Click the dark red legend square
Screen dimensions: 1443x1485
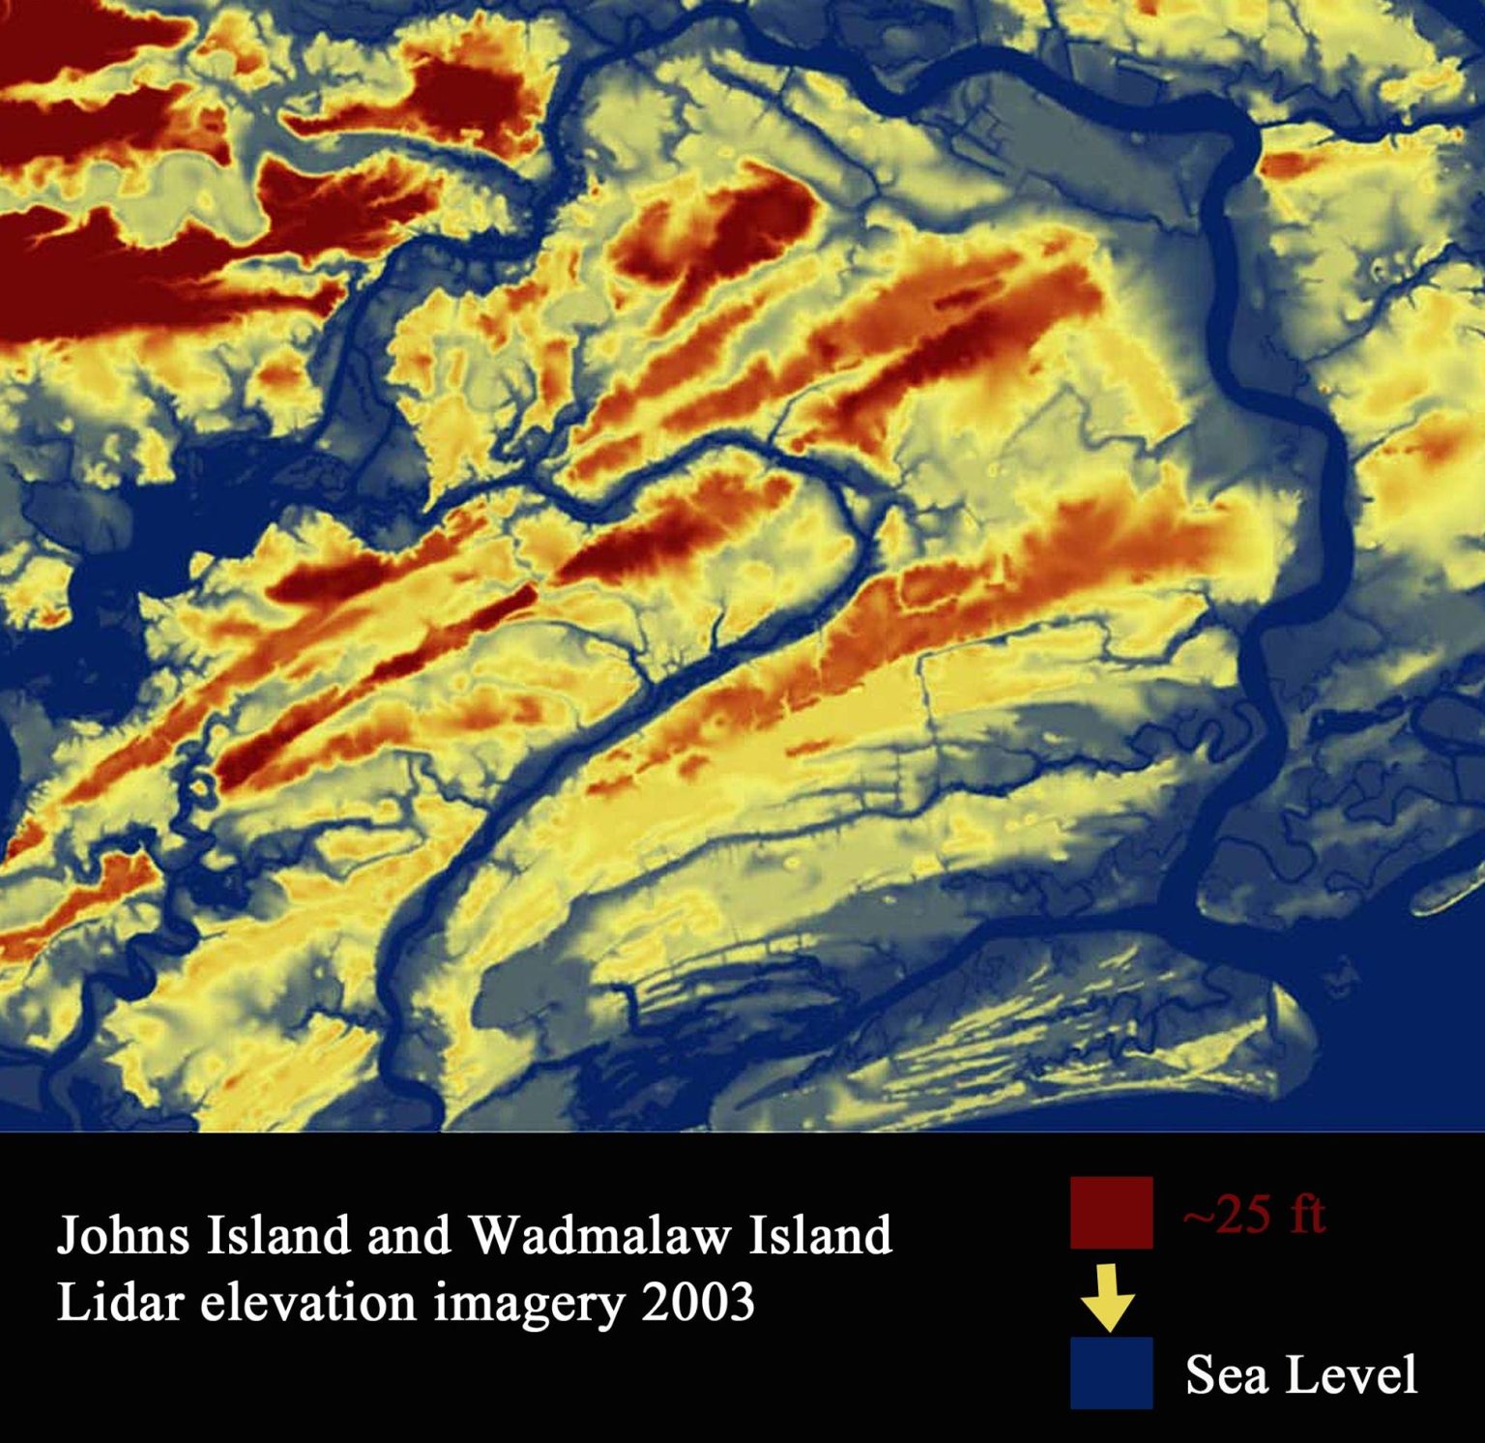pos(1111,1213)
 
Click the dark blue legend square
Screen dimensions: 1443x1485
pos(1111,1372)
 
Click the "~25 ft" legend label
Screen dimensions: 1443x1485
pos(1254,1215)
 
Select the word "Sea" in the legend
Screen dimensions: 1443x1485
pos(1221,1374)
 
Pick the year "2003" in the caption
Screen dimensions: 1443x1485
pos(697,1303)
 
